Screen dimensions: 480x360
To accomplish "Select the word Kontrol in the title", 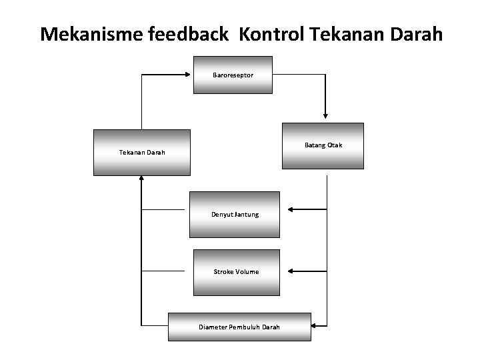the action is (270, 34).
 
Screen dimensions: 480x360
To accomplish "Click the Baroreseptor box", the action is (233, 75).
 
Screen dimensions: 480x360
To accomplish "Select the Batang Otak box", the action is (323, 145).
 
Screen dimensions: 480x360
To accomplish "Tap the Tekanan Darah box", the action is (142, 153).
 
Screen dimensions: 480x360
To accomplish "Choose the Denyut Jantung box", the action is (235, 215).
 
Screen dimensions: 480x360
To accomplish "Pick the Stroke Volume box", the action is (236, 272).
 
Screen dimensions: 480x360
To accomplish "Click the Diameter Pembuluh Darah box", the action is (239, 327).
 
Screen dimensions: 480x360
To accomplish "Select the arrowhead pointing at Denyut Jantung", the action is (291, 209).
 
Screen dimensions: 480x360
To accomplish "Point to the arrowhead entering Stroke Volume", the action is (291, 271).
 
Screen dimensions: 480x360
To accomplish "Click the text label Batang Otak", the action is (323, 145).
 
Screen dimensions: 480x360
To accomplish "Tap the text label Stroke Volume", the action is (236, 272).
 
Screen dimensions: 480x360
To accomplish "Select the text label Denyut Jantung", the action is (235, 215).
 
